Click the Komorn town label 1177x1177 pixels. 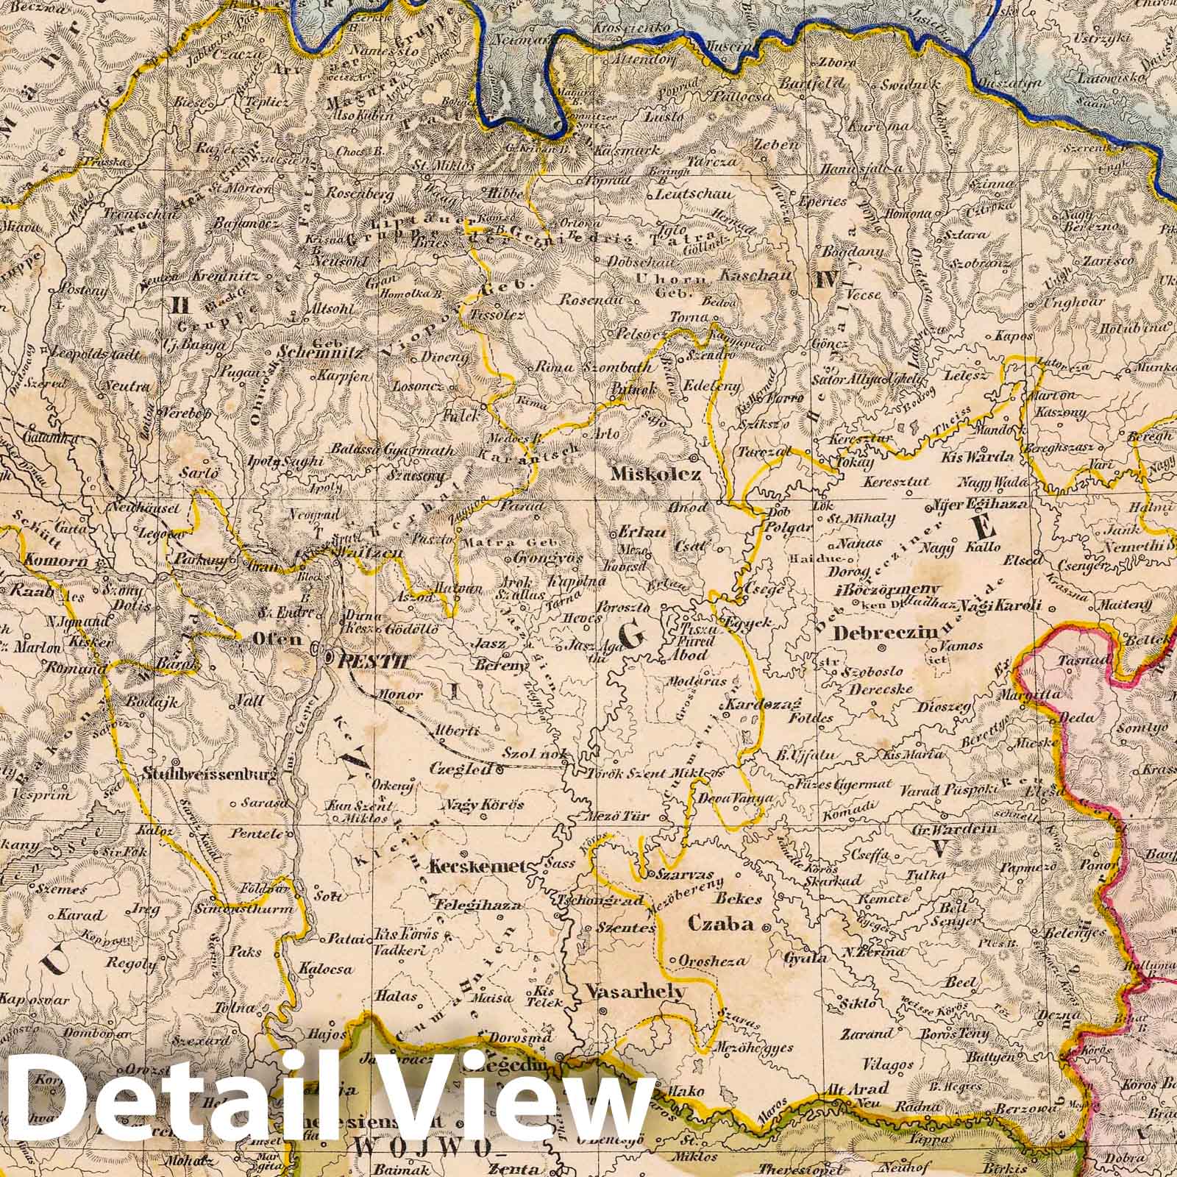click(x=45, y=561)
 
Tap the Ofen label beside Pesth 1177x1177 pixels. click(x=280, y=640)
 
